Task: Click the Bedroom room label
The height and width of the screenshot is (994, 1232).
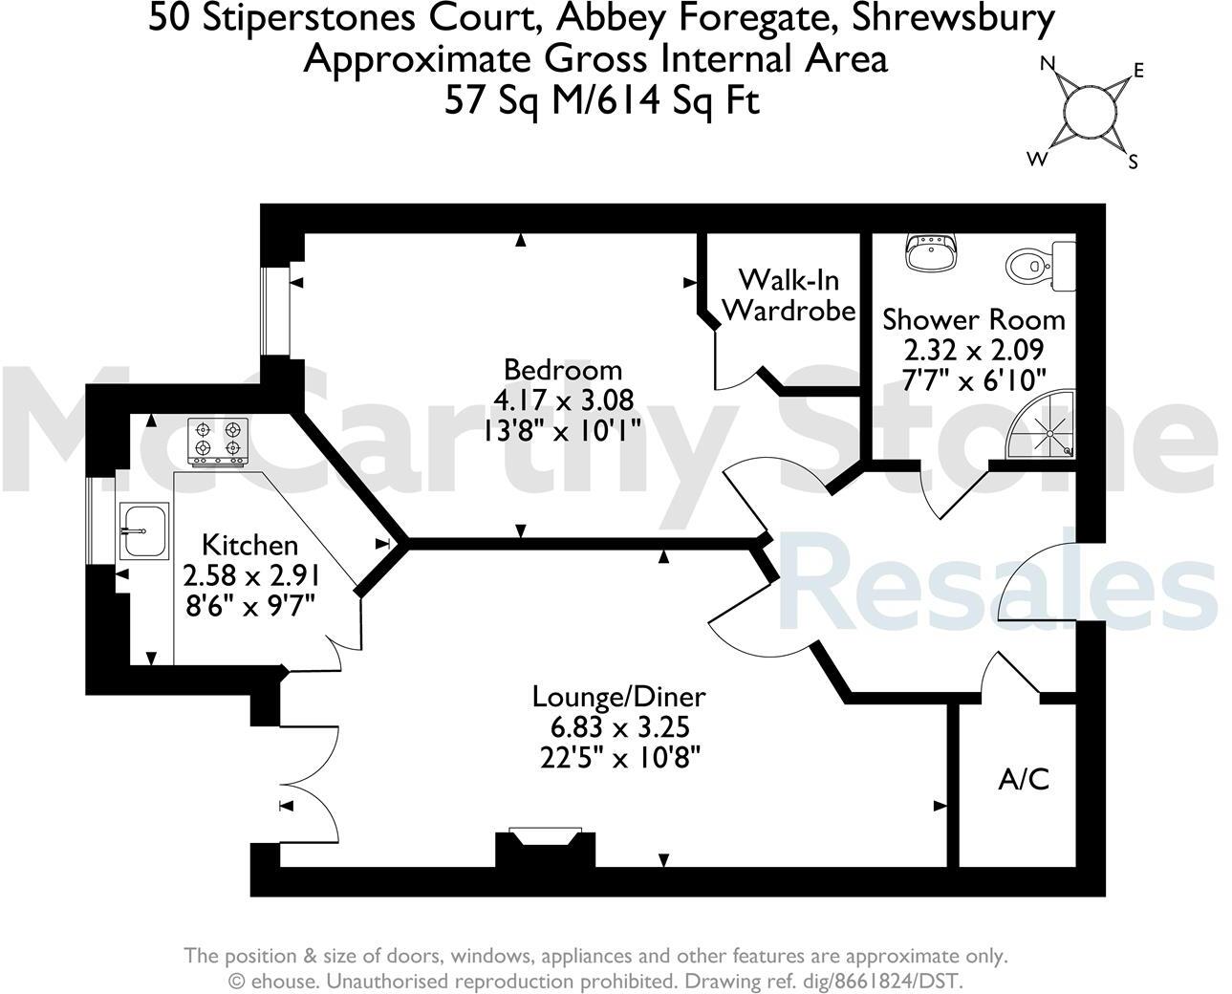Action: coord(563,369)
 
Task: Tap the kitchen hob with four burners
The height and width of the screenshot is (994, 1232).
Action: coord(218,442)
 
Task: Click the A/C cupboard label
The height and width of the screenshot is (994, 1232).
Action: coord(1024,780)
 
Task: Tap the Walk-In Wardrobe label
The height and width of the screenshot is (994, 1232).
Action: coord(789,294)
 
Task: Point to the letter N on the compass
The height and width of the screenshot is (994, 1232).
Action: coord(1048,65)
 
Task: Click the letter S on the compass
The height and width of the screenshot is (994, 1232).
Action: coord(1134,162)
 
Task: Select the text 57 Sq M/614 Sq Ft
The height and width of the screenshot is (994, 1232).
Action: coord(602,99)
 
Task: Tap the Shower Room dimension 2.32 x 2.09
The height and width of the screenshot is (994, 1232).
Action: coord(974,349)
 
